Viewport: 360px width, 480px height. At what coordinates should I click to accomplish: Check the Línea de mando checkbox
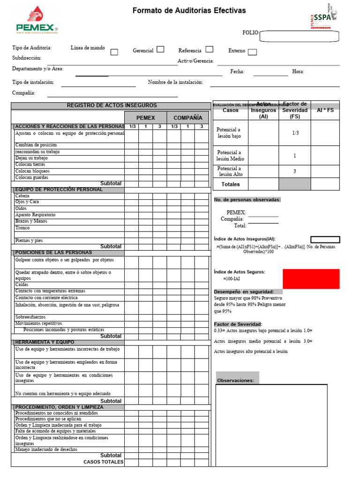114,52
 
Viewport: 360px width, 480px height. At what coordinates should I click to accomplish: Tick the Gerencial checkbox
160,49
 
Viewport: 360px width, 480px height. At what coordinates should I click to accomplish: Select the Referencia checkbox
210,49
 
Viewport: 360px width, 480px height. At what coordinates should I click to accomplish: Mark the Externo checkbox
252,52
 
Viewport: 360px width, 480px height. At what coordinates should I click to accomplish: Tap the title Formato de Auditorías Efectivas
189,10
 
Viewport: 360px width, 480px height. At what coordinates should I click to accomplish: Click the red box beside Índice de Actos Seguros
311,278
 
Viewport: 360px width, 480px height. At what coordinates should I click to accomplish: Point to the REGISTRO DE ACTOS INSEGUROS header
112,105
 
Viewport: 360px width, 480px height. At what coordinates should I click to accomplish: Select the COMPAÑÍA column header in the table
188,118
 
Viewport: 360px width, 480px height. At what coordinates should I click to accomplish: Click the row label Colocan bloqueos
32,171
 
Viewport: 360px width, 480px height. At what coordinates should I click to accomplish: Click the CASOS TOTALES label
104,462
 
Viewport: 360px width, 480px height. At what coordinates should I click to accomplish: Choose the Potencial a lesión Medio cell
230,156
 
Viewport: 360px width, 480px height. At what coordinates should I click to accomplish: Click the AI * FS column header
325,110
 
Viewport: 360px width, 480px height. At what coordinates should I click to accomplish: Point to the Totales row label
230,184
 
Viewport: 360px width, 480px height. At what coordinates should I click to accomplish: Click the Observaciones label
235,381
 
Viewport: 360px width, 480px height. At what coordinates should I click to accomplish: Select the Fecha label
237,72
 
